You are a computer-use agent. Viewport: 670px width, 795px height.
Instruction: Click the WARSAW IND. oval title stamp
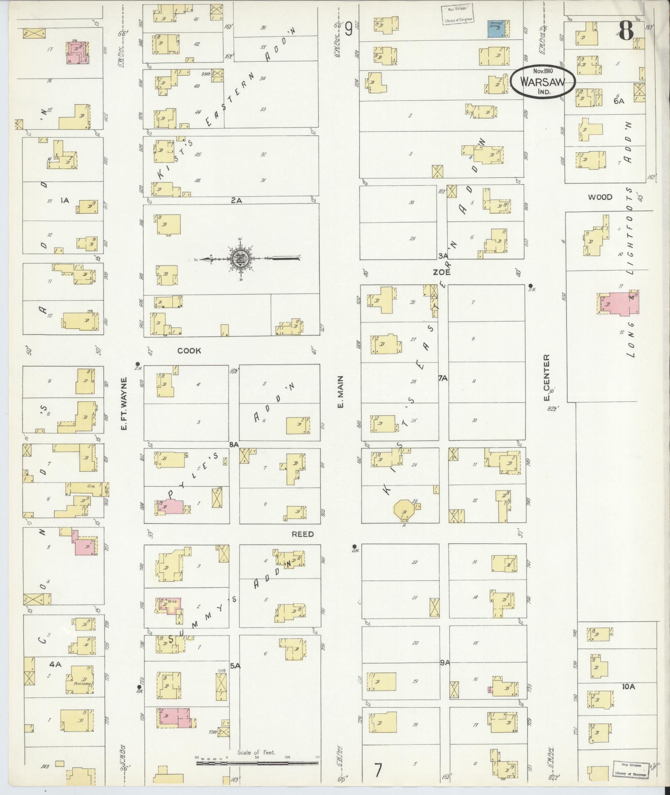[x=542, y=81]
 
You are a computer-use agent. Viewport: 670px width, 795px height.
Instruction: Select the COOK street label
[x=189, y=351]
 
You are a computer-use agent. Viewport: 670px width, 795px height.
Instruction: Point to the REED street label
[x=302, y=534]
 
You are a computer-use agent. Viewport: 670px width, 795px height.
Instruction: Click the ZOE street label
[x=442, y=273]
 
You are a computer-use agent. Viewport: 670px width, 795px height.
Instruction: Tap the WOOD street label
[x=600, y=197]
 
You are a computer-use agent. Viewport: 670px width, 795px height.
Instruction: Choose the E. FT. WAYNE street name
[x=124, y=403]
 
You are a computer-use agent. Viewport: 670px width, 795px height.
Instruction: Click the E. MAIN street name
[x=340, y=392]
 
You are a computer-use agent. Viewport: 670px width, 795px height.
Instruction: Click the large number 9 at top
[x=348, y=29]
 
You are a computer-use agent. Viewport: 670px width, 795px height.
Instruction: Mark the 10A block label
[x=628, y=687]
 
